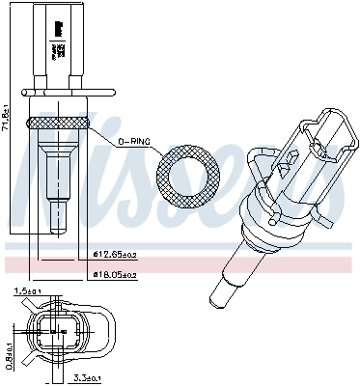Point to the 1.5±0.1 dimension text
coord(28,290)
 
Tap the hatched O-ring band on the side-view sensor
coord(59,123)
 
